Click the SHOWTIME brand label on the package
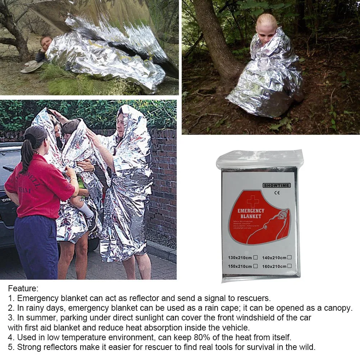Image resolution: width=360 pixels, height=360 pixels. tap(277, 186)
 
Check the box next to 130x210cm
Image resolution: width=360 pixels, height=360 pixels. tap(255, 257)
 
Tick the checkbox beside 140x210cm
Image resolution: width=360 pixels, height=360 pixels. tap(289, 257)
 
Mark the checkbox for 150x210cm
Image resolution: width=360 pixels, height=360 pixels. tap(255, 266)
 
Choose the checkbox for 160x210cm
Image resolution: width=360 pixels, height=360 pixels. tap(289, 266)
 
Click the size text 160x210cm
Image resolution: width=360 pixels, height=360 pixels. tap(274, 266)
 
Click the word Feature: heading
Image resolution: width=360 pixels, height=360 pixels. tap(23, 288)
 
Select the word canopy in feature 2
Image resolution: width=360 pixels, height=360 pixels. tap(337, 308)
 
